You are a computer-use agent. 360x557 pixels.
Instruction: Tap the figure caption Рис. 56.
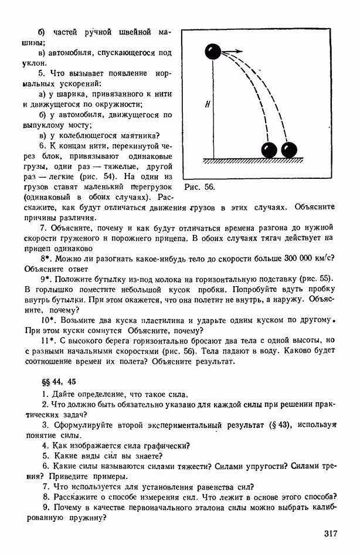tap(199, 188)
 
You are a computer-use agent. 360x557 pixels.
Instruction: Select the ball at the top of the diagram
tap(213, 52)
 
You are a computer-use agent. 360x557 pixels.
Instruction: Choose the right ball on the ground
tap(289, 150)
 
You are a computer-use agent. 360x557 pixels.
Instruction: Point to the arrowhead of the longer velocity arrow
tap(240, 51)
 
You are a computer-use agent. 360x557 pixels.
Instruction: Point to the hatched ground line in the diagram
tap(253, 160)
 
